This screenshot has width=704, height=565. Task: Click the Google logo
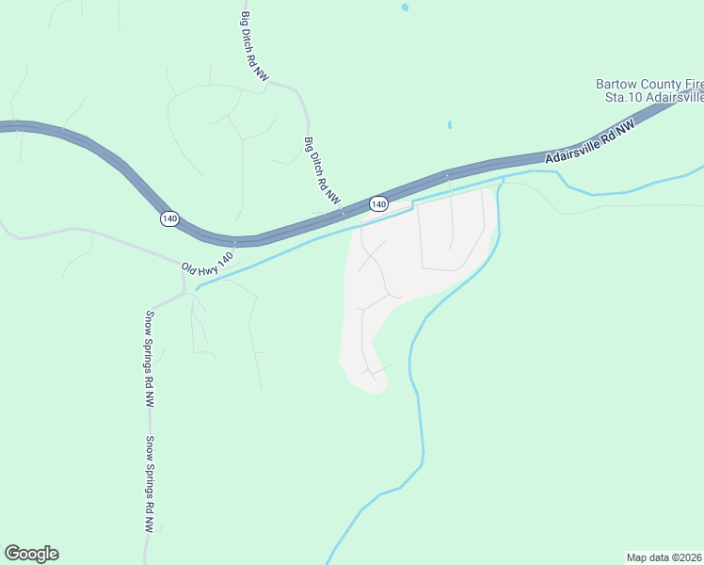click(x=31, y=554)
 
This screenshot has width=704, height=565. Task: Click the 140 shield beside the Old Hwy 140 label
click(x=168, y=218)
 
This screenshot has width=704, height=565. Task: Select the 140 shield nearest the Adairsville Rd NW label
click(x=378, y=203)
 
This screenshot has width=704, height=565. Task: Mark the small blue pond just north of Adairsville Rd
click(x=450, y=124)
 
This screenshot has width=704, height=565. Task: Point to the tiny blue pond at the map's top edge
click(x=405, y=8)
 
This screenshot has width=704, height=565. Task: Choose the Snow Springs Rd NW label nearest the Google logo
click(x=149, y=484)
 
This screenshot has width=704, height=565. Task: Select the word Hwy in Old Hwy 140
click(x=208, y=265)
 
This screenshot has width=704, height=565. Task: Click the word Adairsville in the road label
click(x=573, y=145)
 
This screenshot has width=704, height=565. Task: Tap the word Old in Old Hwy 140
click(x=189, y=271)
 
